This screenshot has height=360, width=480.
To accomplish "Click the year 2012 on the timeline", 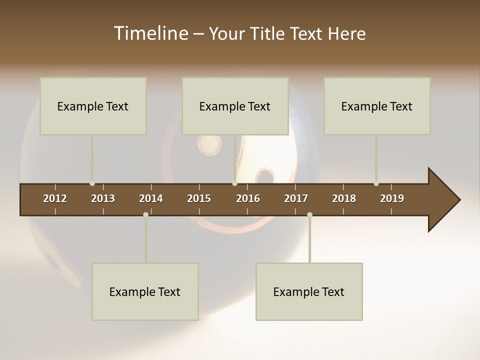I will pyautogui.click(x=55, y=198).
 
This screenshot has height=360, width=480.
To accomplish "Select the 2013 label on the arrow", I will pyautogui.click(x=103, y=198).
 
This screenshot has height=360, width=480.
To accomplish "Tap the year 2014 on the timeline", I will pyautogui.click(x=151, y=198).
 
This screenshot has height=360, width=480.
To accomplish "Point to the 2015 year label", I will pyautogui.click(x=199, y=198).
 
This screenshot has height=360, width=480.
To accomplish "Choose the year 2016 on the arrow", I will pyautogui.click(x=248, y=198).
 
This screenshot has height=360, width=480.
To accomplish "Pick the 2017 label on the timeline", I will pyautogui.click(x=296, y=198).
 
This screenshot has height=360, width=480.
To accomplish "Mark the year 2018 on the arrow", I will pyautogui.click(x=344, y=198).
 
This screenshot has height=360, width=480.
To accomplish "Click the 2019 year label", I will pyautogui.click(x=392, y=198).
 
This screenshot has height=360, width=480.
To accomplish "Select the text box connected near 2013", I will pyautogui.click(x=93, y=106).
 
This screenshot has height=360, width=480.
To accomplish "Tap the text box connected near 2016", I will pyautogui.click(x=235, y=106).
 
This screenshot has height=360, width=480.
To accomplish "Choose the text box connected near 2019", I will pyautogui.click(x=377, y=106).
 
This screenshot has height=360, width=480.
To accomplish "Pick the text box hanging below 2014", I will pyautogui.click(x=145, y=291).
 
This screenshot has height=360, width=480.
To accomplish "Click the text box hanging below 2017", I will pyautogui.click(x=309, y=291).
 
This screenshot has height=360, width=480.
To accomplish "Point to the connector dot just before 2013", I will pyautogui.click(x=92, y=183).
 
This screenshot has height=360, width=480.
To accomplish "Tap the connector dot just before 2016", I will pyautogui.click(x=234, y=183).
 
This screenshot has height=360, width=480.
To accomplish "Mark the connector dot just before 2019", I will pyautogui.click(x=376, y=183).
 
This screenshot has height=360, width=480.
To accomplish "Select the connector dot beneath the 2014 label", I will pyautogui.click(x=145, y=214).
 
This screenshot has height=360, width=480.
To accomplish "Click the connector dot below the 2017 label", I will pyautogui.click(x=309, y=214).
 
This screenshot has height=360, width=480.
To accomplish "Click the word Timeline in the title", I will pyautogui.click(x=150, y=33).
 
